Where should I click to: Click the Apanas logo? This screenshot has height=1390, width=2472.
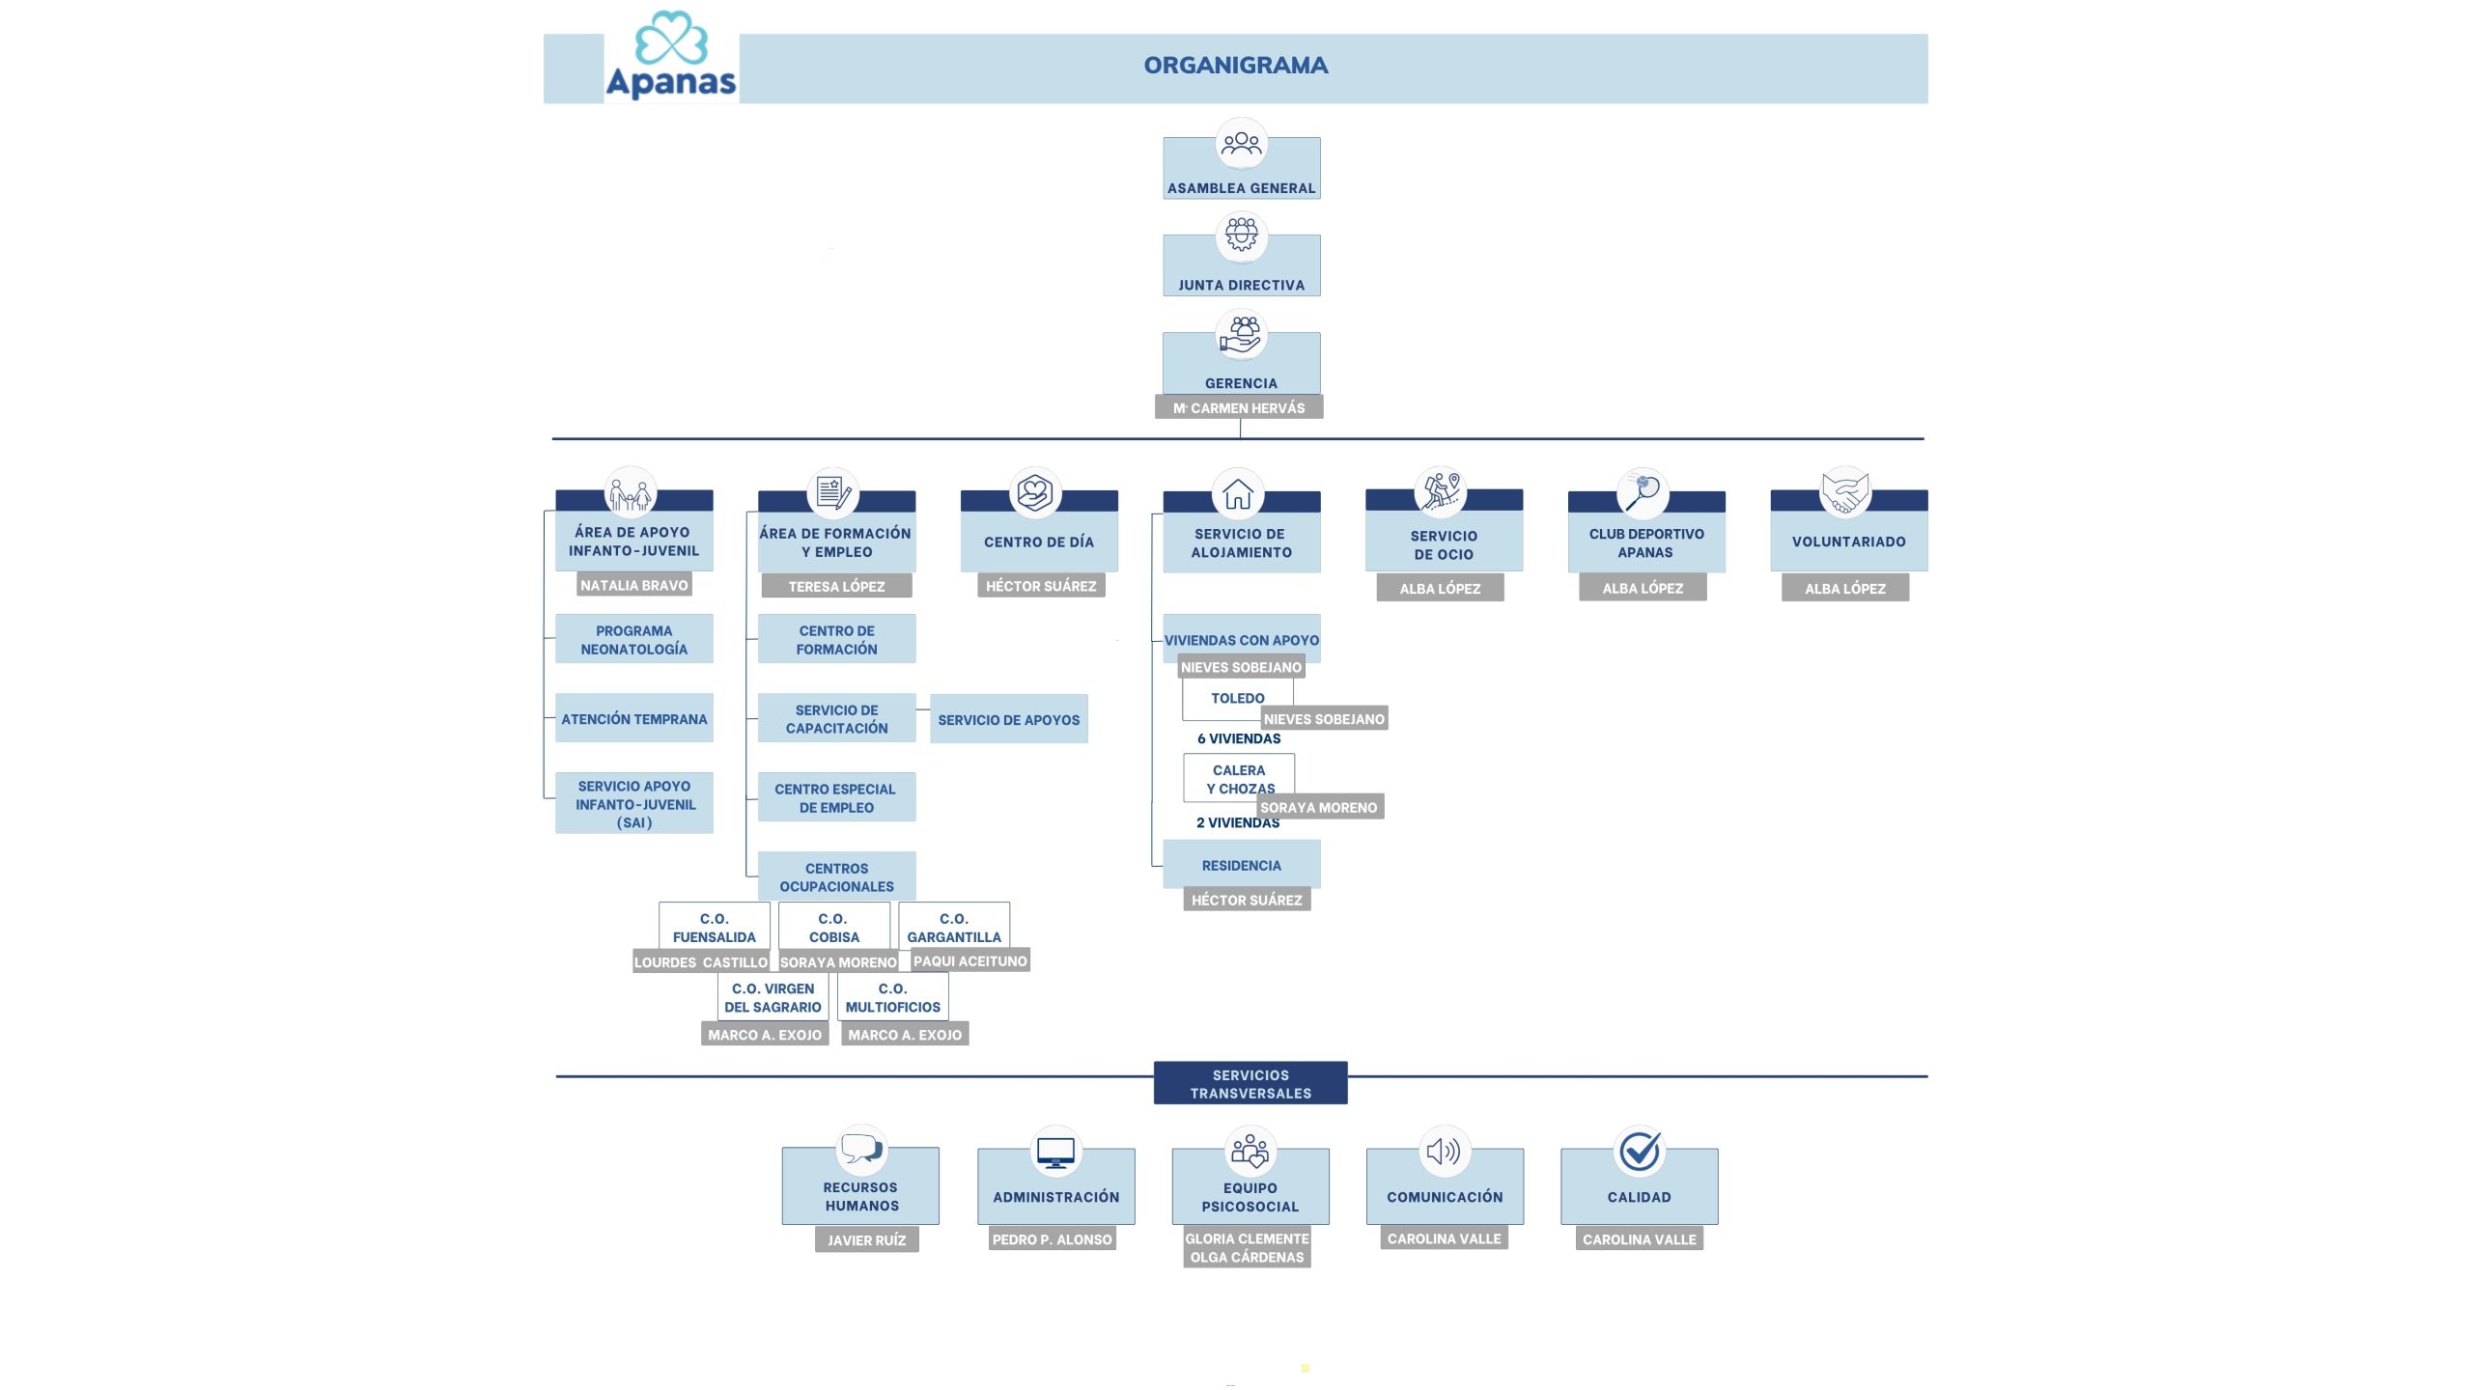coord(671,55)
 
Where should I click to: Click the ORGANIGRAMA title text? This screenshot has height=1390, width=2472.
coord(1236,66)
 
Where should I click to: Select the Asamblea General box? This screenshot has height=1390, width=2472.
coord(1241,168)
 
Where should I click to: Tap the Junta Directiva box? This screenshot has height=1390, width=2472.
coord(1241,265)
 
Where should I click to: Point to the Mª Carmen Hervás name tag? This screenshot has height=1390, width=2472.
coord(1239,407)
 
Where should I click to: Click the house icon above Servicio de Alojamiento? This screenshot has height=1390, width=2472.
coord(1238,494)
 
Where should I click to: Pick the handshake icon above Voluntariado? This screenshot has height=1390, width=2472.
coord(1845,492)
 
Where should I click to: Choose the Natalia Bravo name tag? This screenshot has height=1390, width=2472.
coord(634,585)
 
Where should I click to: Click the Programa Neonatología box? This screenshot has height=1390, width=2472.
coord(634,639)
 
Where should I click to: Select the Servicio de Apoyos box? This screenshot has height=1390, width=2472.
coord(1009,719)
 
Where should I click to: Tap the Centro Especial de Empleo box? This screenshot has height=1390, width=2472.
coord(836,797)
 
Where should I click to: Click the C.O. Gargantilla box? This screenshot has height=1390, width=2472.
coord(954,927)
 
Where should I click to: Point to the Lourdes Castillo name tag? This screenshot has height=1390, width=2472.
coord(701,961)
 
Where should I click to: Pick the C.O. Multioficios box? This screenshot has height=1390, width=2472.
coord(893,997)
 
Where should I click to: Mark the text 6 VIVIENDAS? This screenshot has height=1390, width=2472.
coord(1239,738)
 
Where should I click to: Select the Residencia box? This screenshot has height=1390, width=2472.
coord(1242,865)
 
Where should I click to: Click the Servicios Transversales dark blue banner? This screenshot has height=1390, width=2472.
coord(1250,1083)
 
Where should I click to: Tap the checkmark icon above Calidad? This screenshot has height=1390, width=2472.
coord(1640,1151)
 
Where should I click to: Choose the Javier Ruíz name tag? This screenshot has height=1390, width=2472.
coord(867,1239)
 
